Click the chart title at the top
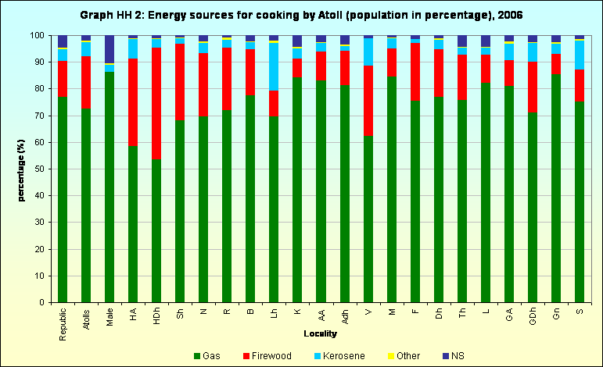point(301,15)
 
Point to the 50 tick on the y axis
point(39,169)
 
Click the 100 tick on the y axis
point(37,36)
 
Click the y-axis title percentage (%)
point(23,169)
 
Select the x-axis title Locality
point(321,333)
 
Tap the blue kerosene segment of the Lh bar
point(274,66)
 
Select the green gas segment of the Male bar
point(109,187)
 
